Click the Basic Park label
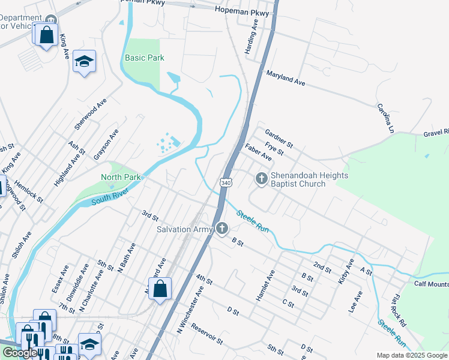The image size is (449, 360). click(144, 58)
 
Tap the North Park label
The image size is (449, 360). click(121, 177)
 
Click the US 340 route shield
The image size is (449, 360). click(225, 182)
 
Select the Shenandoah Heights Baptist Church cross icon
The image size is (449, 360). click(261, 178)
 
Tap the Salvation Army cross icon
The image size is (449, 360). click(222, 228)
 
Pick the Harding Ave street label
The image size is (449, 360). click(251, 36)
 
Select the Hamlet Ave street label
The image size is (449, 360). click(265, 285)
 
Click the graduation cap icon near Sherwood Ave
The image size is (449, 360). click(84, 61)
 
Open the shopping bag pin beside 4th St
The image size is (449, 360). click(160, 289)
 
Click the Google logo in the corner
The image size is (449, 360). click(20, 353)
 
